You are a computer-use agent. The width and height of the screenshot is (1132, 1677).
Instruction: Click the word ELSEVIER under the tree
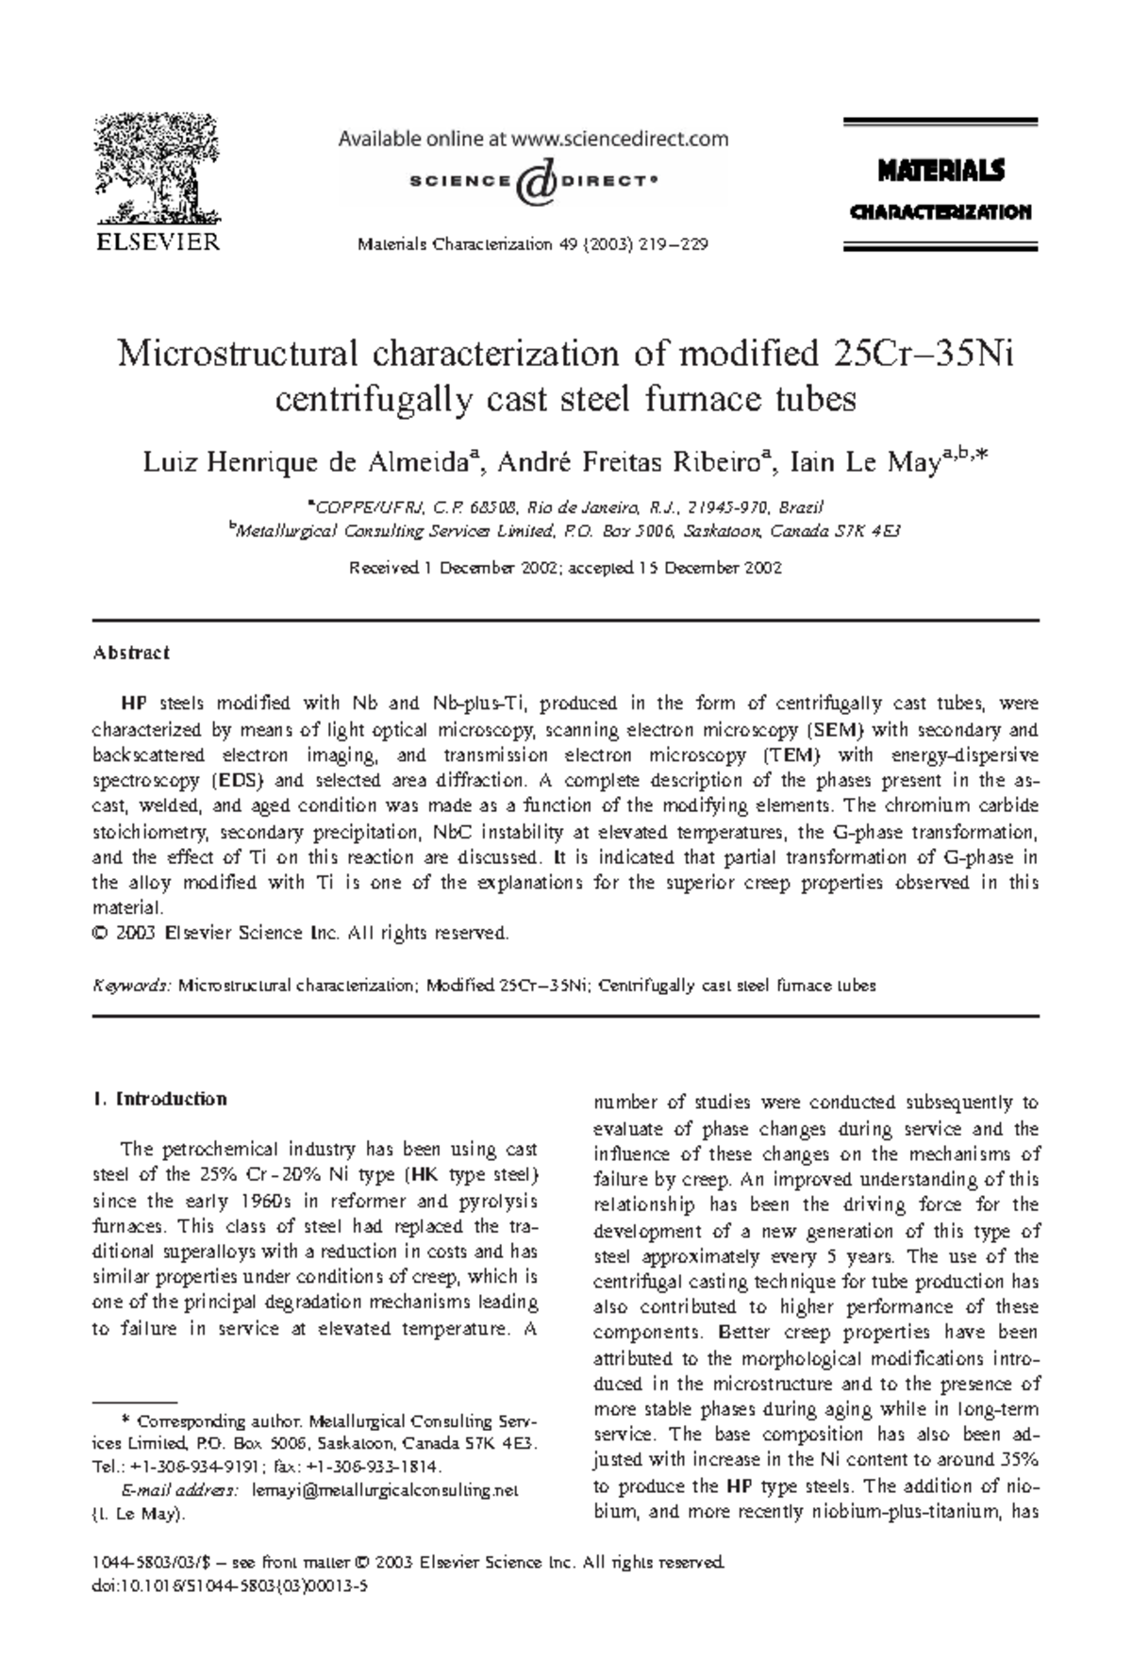pos(157,241)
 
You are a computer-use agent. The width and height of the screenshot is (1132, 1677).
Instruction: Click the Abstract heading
pos(130,653)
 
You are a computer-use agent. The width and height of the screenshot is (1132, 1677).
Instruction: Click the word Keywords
pos(131,986)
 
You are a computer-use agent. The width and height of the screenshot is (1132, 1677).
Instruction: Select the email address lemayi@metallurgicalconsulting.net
pos(385,1491)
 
